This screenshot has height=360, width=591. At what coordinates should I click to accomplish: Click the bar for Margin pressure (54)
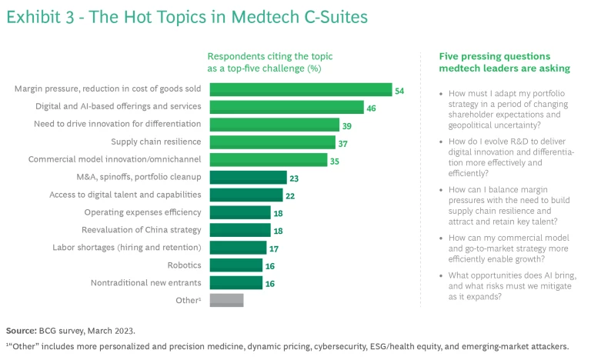pyautogui.click(x=299, y=90)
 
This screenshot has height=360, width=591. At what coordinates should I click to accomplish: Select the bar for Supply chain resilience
pyautogui.click(x=271, y=142)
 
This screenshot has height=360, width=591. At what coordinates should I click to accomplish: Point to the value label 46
pyautogui.click(x=372, y=108)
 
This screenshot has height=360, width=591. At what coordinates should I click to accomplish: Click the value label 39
pyautogui.click(x=347, y=125)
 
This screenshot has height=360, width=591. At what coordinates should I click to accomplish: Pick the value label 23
pyautogui.click(x=295, y=178)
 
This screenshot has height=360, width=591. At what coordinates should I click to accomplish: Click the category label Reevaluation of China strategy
pyautogui.click(x=142, y=230)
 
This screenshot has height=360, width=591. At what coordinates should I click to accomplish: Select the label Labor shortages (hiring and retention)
pyautogui.click(x=127, y=248)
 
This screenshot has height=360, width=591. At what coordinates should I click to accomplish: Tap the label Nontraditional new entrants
pyautogui.click(x=137, y=282)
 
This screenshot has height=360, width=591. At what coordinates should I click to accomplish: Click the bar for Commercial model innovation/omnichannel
pyautogui.click(x=267, y=160)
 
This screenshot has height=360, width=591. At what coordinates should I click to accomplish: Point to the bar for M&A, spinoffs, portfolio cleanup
pyautogui.click(x=247, y=178)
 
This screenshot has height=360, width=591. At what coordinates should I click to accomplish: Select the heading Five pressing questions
pyautogui.click(x=494, y=56)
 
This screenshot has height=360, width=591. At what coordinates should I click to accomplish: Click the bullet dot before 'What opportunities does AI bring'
pyautogui.click(x=441, y=275)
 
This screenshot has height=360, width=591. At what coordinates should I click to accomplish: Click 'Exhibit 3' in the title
pyautogui.click(x=39, y=17)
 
